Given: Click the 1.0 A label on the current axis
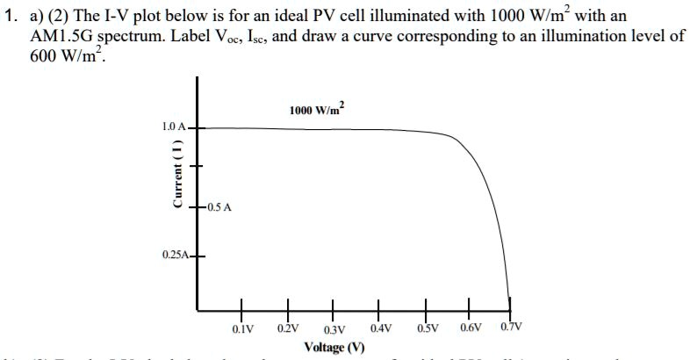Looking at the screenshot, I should pyautogui.click(x=174, y=127).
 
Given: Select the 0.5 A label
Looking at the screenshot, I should pyautogui.click(x=218, y=207).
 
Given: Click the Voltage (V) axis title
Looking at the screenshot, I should pyautogui.click(x=334, y=347).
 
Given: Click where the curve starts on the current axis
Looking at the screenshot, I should pyautogui.click(x=198, y=128).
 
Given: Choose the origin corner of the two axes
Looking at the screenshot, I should pyautogui.click(x=198, y=310).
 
